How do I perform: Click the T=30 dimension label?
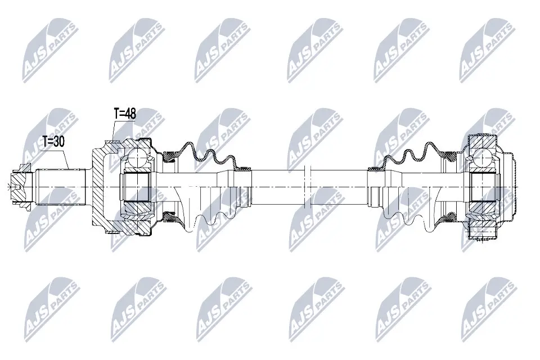point(54,142)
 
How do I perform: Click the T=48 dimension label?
point(125,114)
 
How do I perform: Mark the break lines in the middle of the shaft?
point(307,186)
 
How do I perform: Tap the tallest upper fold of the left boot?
point(187,145)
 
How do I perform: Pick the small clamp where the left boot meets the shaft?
point(245,168)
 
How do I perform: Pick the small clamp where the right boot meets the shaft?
point(373,168)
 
